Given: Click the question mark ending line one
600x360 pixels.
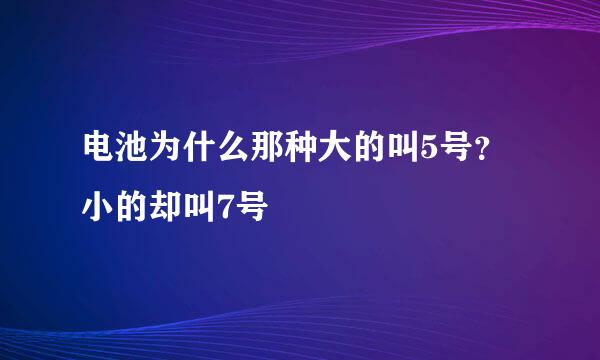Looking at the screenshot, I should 485,156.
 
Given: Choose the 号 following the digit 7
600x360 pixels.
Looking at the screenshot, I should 253,209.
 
